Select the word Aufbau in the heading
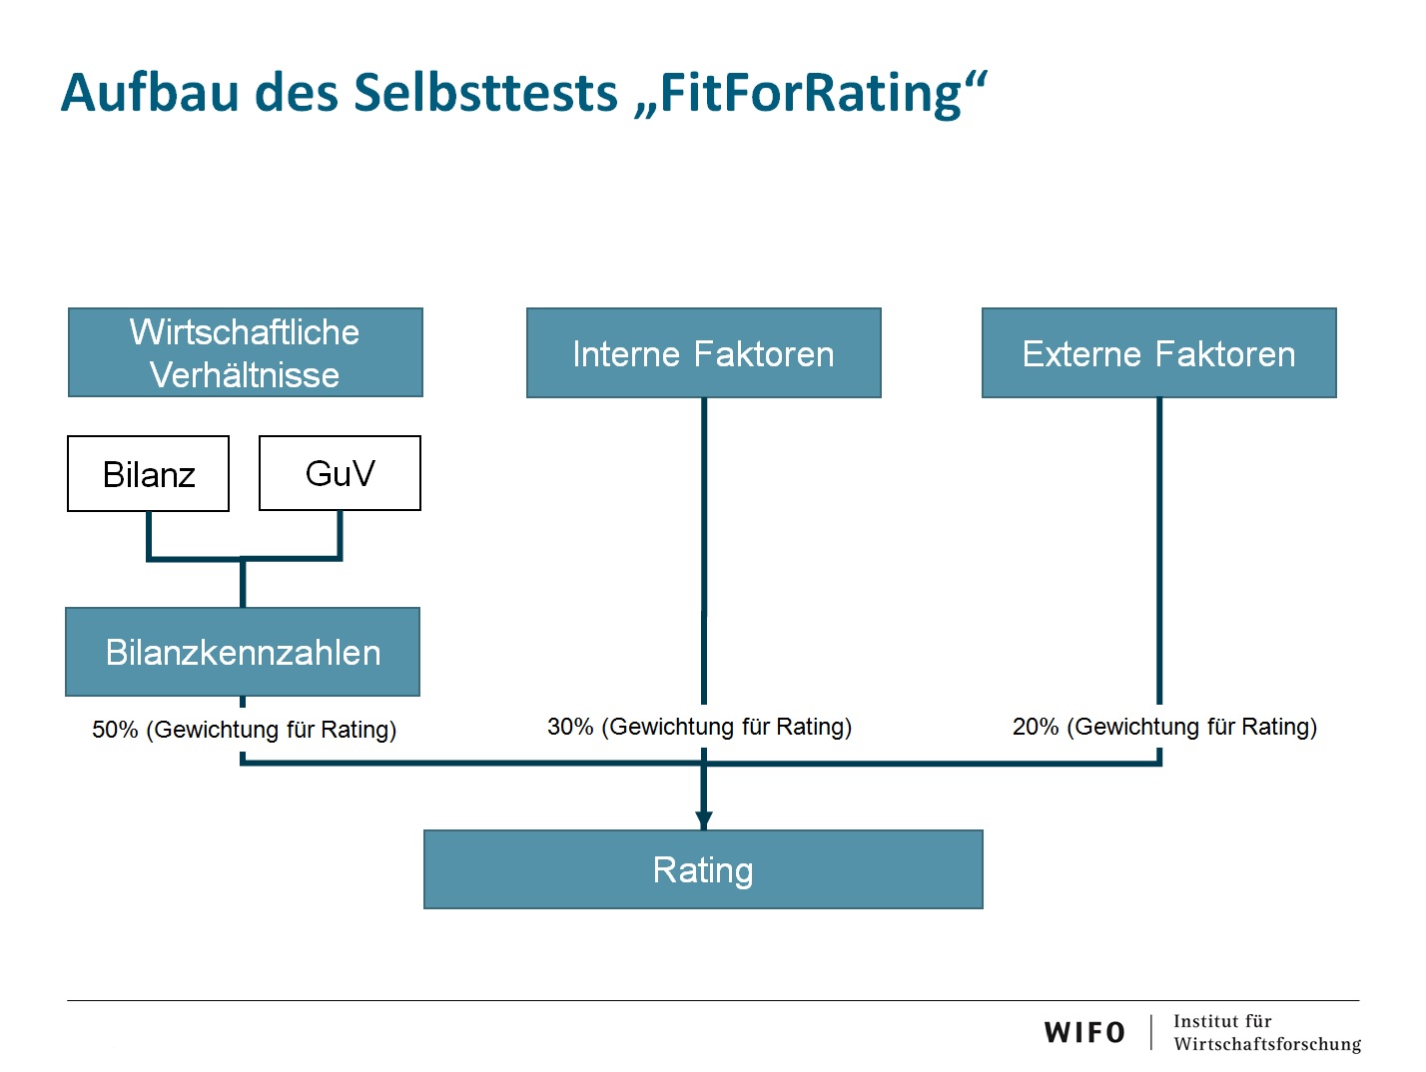pyautogui.click(x=150, y=92)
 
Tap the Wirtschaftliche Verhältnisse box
pyautogui.click(x=246, y=352)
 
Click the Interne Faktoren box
pyautogui.click(x=704, y=352)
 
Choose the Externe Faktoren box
pyautogui.click(x=1159, y=352)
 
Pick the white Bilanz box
pyautogui.click(x=148, y=473)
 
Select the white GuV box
pyautogui.click(x=340, y=473)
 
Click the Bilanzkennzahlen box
pyautogui.click(x=243, y=652)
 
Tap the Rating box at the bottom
pyautogui.click(x=703, y=869)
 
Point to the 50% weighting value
pyautogui.click(x=115, y=730)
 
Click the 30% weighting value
pyautogui.click(x=570, y=727)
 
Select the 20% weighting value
pyautogui.click(x=1036, y=727)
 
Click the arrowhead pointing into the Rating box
pyautogui.click(x=704, y=820)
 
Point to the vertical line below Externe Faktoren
pyautogui.click(x=1159, y=551)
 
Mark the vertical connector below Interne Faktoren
pyautogui.click(x=704, y=551)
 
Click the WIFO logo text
pyautogui.click(x=1084, y=1032)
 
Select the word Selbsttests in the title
pyautogui.click(x=485, y=92)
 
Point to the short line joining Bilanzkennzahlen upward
pyautogui.click(x=243, y=583)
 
